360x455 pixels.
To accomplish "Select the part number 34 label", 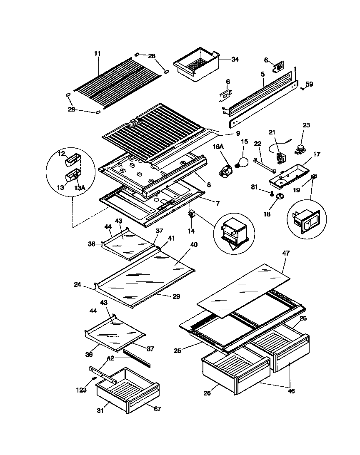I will [235, 60].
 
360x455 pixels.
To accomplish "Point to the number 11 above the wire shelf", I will [97, 53].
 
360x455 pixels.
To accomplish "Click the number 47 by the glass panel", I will [286, 253].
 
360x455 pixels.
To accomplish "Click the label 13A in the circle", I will [80, 188].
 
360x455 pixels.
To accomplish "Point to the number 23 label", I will [306, 125].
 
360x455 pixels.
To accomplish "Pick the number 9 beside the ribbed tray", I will [237, 133].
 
